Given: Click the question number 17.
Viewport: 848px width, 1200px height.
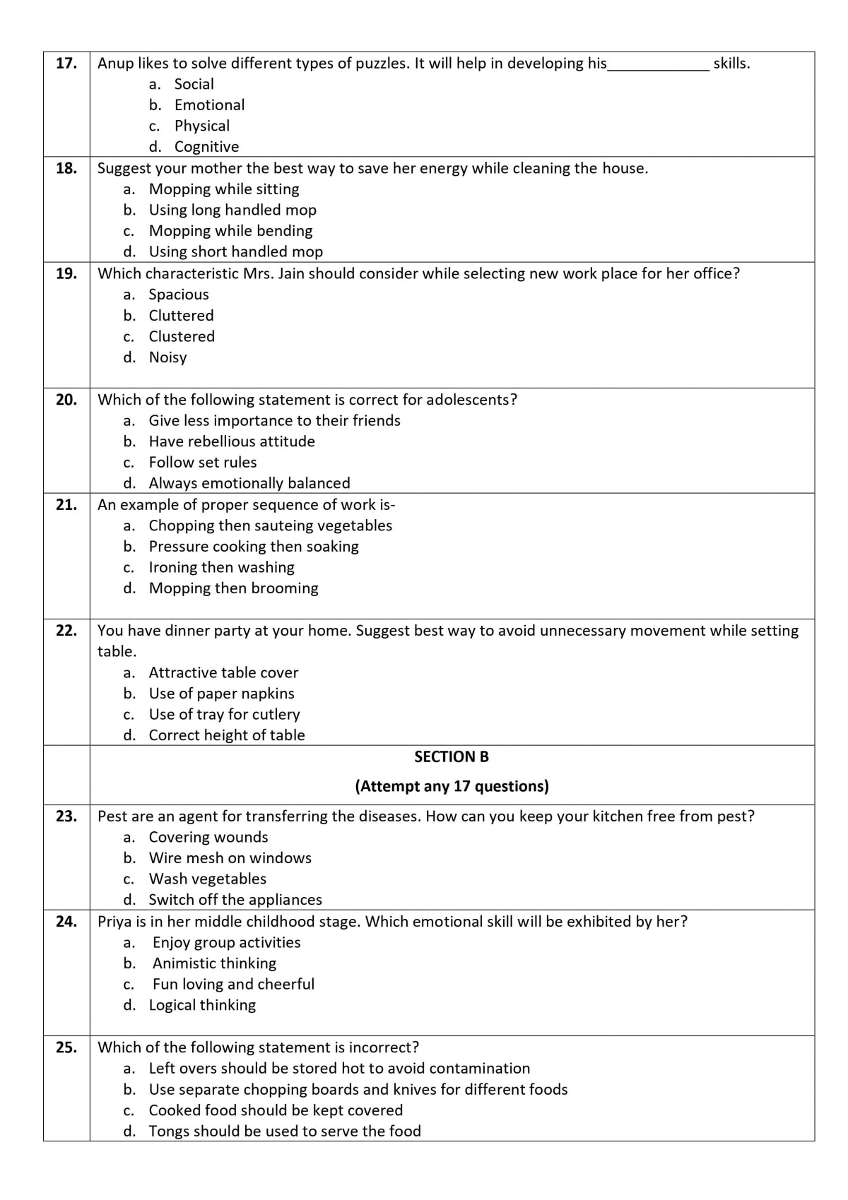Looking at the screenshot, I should point(66,64).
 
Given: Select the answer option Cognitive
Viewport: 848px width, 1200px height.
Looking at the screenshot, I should point(206,147).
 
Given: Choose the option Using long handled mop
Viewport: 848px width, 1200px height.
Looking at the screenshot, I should point(232,210).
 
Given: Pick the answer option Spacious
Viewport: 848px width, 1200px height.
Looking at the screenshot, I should point(179,295).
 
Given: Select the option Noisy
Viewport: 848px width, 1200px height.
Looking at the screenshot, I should point(167,357).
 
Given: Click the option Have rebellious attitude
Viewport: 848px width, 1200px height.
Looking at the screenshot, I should point(232,441).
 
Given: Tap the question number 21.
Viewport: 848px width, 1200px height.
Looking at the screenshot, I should point(66,505).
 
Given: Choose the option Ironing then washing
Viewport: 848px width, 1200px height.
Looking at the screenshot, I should point(221,567).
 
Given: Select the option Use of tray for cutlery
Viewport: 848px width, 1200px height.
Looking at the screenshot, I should point(224,714).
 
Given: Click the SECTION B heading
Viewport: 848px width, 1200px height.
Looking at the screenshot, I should point(452,757).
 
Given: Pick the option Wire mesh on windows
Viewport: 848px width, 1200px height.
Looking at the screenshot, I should point(230,858).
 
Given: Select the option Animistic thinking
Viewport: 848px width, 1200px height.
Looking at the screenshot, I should point(214,963).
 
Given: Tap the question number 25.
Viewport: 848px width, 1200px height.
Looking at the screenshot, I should point(66,1047).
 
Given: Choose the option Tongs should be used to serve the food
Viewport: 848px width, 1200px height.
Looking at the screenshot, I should point(285,1131).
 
